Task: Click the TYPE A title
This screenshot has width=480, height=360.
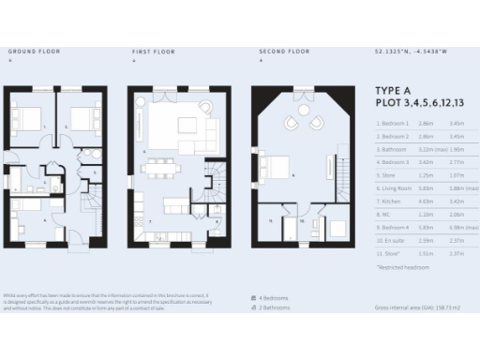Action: coord(392,91)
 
